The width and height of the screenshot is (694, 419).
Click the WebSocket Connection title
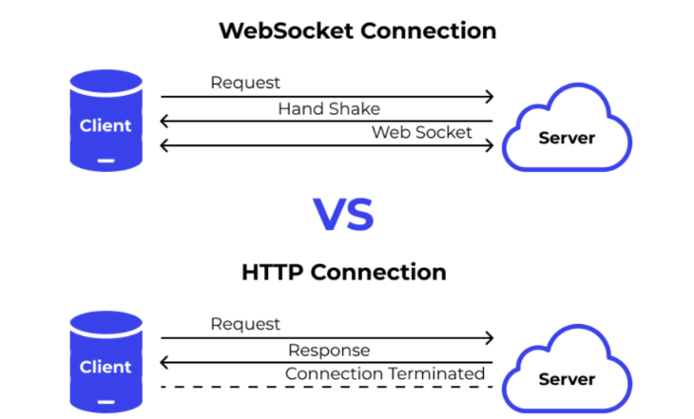click(x=357, y=29)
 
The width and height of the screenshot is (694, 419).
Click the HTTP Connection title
click(x=343, y=272)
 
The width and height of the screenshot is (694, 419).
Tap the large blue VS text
click(x=343, y=215)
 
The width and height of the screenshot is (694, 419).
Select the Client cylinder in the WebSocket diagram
click(x=106, y=121)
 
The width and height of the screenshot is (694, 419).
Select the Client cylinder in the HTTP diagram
click(x=106, y=363)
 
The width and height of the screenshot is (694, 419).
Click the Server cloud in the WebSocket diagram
click(x=566, y=134)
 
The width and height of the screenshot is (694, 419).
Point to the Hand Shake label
click(x=328, y=108)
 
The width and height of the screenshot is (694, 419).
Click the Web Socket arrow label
click(x=421, y=132)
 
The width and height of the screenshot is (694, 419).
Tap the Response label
click(x=329, y=351)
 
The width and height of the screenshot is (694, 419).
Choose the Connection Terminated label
click(x=385, y=373)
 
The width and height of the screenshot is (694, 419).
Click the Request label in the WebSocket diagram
click(x=245, y=84)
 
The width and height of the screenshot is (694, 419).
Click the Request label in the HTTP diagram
click(x=245, y=325)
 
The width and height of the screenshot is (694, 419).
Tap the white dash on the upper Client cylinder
click(x=106, y=159)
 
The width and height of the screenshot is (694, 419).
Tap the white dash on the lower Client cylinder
click(x=106, y=400)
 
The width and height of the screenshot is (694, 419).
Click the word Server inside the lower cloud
click(x=567, y=379)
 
